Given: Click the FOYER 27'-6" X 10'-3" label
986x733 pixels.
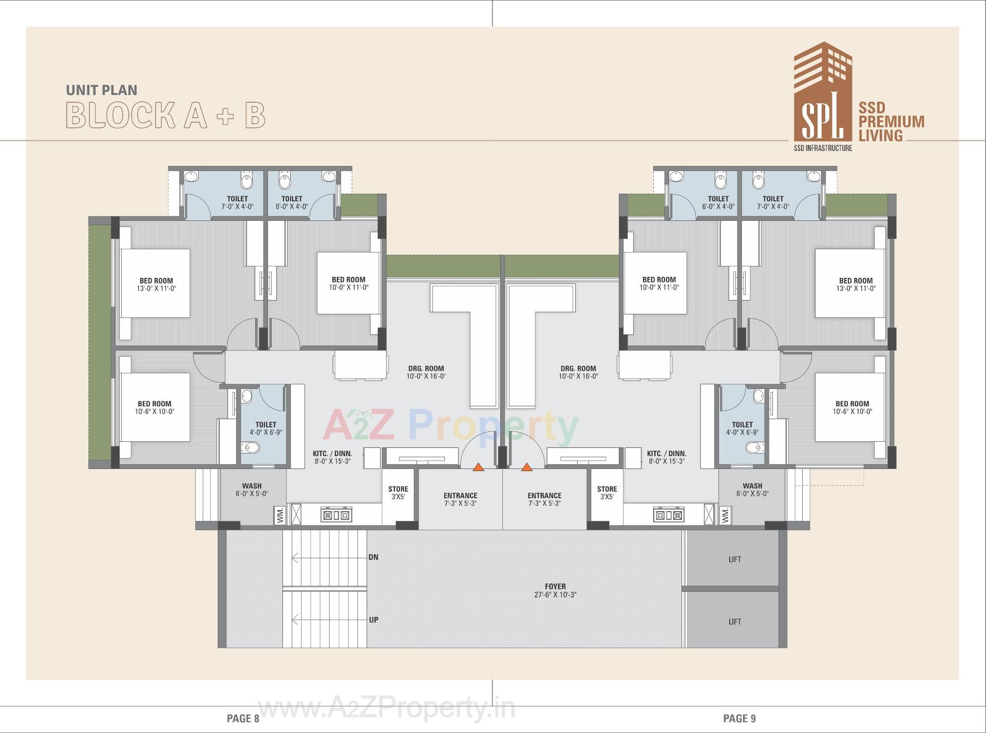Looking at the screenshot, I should click(555, 590).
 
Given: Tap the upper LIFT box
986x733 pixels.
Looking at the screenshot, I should click(734, 559).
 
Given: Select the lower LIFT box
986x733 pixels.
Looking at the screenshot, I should click(734, 622).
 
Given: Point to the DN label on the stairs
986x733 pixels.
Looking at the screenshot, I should click(373, 557).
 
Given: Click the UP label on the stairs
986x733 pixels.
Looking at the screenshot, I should click(373, 619).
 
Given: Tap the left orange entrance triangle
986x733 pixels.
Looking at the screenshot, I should click(478, 467).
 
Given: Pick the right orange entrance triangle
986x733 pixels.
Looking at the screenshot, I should click(526, 467).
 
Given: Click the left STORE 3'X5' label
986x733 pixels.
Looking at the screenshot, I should click(398, 493).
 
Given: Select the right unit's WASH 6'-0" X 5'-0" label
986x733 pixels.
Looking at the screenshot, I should click(752, 490).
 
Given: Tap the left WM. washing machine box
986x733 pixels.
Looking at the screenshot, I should click(280, 515).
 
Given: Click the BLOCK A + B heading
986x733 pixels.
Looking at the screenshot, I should click(165, 115).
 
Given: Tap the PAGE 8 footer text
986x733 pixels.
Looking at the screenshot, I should click(243, 718).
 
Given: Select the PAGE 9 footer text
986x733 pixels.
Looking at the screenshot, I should click(739, 718).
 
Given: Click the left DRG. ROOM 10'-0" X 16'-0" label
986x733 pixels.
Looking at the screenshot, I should click(426, 372).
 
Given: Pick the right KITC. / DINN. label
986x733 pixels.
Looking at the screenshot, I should click(666, 457).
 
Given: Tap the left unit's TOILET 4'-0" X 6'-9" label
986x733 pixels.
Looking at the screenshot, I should click(266, 428).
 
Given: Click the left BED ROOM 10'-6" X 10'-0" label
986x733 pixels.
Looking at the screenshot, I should click(155, 407).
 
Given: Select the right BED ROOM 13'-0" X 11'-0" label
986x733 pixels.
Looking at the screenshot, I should click(856, 284).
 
